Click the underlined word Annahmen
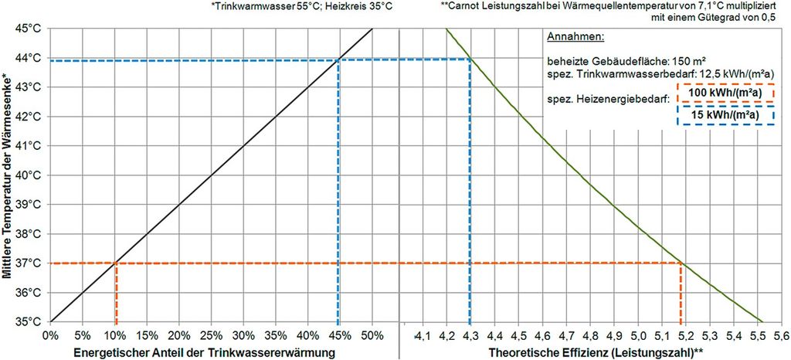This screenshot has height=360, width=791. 575,37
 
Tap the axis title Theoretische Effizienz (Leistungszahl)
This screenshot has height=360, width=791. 595,352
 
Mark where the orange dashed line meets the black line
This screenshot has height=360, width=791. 116,263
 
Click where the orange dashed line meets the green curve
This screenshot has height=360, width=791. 681,263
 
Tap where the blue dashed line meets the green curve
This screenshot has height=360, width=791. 470,59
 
